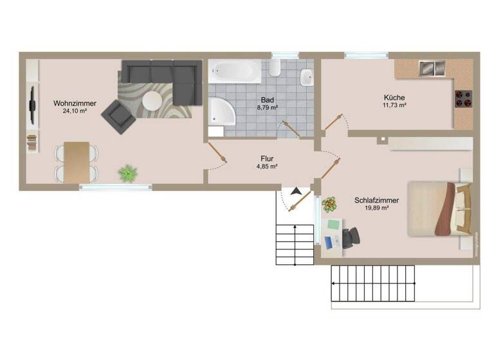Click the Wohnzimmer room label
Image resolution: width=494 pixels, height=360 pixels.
[75, 102]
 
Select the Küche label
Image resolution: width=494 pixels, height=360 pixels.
[394, 97]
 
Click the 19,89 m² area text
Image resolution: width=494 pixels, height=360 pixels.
[376, 208]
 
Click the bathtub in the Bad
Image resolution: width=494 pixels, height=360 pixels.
[235, 71]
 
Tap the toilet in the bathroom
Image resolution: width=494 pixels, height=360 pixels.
[275, 69]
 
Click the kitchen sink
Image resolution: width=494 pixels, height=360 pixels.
[432, 67]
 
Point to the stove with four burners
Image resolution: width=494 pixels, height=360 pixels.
[463, 97]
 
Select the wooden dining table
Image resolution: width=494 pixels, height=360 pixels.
[77, 161]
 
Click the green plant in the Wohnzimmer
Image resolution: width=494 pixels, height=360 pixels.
[128, 172]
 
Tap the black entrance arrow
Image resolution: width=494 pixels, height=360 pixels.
[296, 191]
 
